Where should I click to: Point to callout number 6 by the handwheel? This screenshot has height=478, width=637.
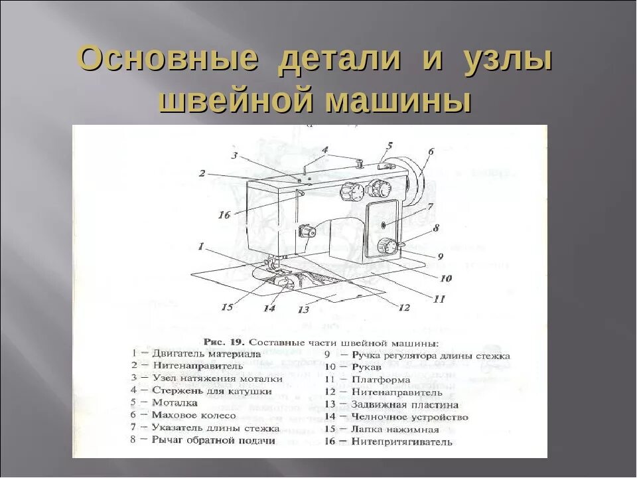click(x=430, y=151)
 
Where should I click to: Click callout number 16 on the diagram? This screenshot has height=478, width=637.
click(x=224, y=214)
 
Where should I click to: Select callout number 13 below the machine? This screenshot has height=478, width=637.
click(x=303, y=309)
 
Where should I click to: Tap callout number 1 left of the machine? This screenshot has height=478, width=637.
click(x=200, y=246)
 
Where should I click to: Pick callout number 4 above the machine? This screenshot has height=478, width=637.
click(x=324, y=150)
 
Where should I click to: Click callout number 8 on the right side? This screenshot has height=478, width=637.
click(x=436, y=228)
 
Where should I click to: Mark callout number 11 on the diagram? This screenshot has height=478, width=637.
click(x=439, y=299)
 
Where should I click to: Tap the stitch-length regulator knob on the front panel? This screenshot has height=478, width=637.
click(x=386, y=247)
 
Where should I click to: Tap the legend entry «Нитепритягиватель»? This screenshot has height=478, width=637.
click(x=401, y=441)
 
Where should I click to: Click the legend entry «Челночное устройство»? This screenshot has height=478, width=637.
click(x=409, y=417)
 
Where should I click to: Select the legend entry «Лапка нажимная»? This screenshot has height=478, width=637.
click(x=395, y=429)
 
